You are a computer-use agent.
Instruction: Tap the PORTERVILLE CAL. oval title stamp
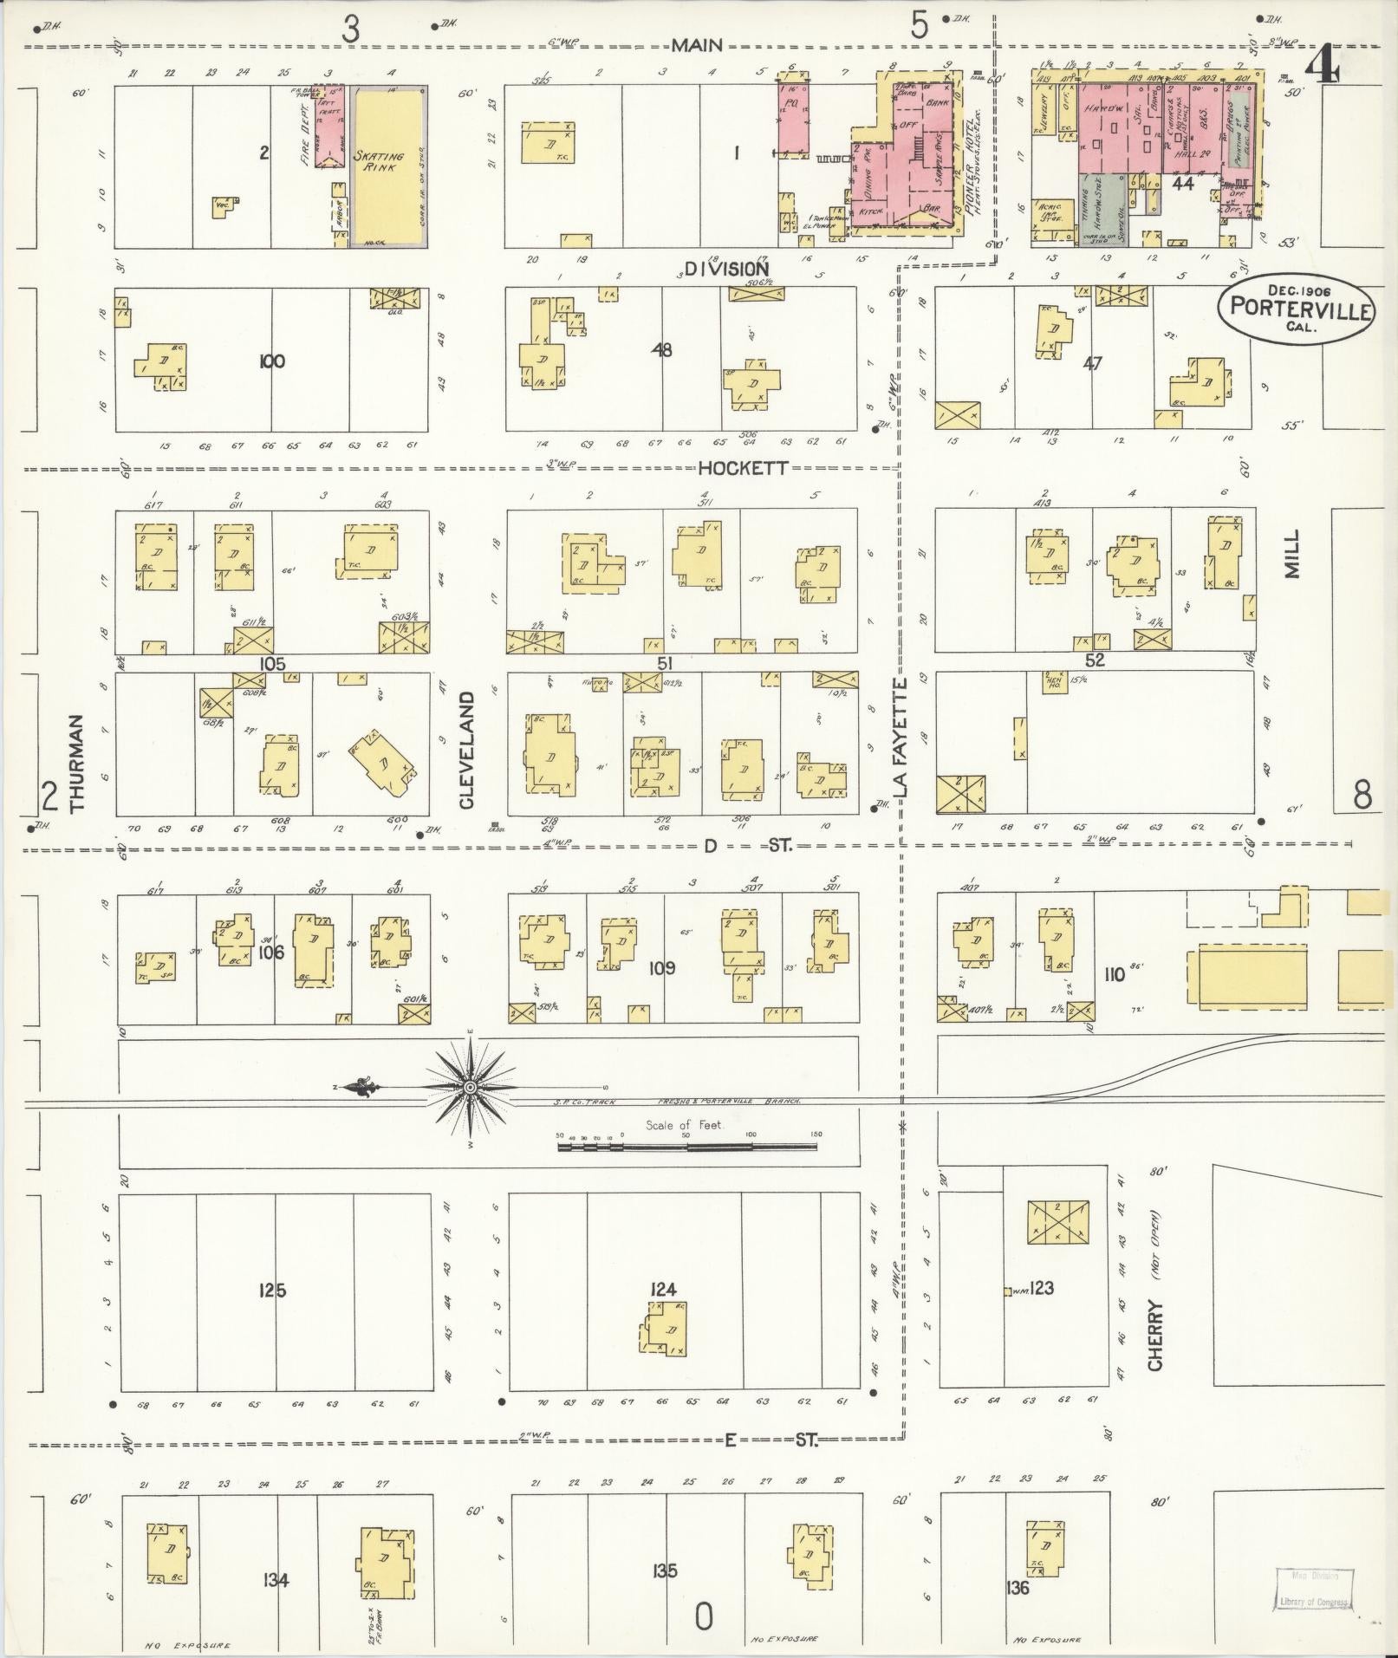coord(1297,309)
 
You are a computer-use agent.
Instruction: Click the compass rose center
coord(469,1087)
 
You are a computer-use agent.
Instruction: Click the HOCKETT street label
coord(744,468)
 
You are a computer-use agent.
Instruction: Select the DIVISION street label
coord(726,270)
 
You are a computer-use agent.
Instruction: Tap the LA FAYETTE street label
coord(901,738)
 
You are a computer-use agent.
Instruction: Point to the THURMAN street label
coord(77,763)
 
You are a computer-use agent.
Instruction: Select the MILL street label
coord(1293,555)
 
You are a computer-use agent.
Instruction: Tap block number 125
coord(271,1291)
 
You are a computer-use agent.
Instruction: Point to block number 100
coord(271,361)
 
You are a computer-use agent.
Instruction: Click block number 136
coord(1018,1588)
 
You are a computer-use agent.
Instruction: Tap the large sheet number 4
coord(1323,65)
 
